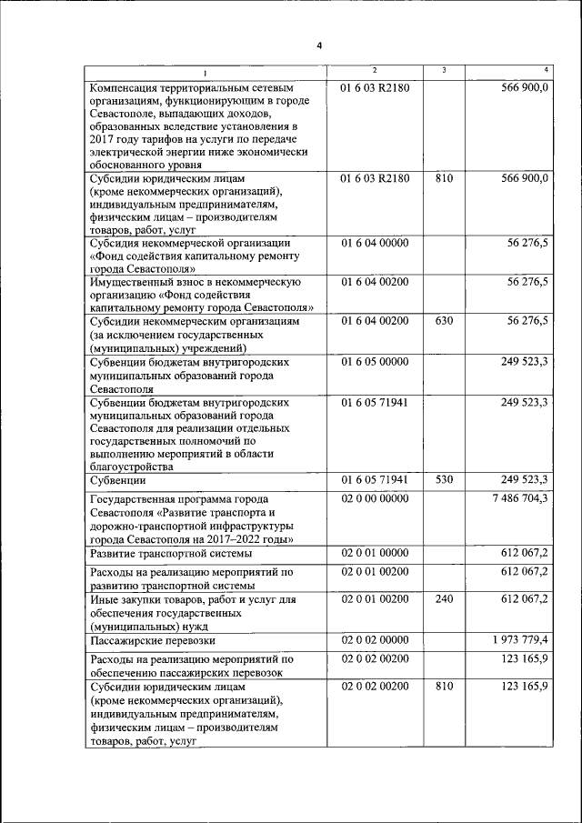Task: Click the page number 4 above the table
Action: pyautogui.click(x=319, y=45)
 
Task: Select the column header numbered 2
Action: pyautogui.click(x=375, y=71)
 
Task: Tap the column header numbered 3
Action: pyautogui.click(x=443, y=71)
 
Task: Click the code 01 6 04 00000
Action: pyautogui.click(x=375, y=243)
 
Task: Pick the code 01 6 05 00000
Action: pyautogui.click(x=375, y=361)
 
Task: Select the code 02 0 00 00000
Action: pyautogui.click(x=375, y=498)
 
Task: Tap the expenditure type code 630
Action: pyautogui.click(x=444, y=321)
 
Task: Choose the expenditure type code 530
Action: pyautogui.click(x=444, y=479)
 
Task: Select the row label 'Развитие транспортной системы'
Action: pyautogui.click(x=169, y=553)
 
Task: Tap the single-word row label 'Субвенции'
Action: pyautogui.click(x=118, y=480)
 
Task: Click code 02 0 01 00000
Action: pyautogui.click(x=375, y=552)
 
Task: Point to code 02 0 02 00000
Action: pyautogui.click(x=375, y=641)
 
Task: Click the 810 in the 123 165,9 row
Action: pyautogui.click(x=444, y=687)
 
